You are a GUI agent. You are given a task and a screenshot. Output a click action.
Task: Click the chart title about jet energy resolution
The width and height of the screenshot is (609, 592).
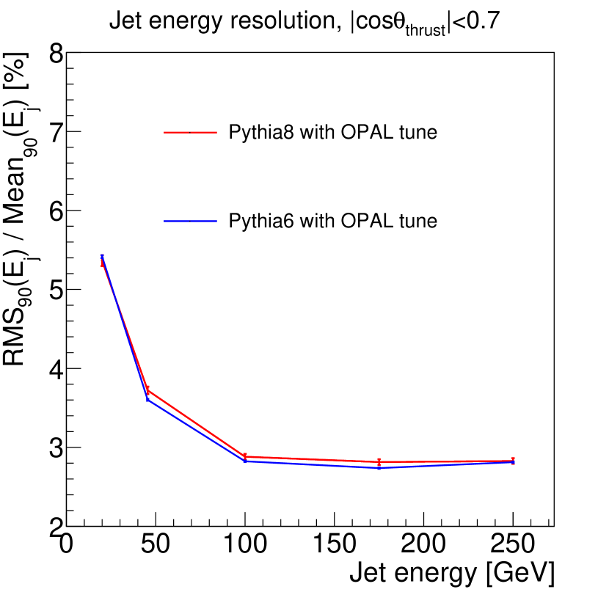pos(304,23)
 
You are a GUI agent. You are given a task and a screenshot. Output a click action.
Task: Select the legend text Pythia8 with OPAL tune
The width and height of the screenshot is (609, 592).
pos(333,133)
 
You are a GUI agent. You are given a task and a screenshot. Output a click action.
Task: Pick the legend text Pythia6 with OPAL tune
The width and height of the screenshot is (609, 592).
pos(333,220)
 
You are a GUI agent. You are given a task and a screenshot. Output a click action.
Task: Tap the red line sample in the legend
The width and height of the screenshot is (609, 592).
pos(191,133)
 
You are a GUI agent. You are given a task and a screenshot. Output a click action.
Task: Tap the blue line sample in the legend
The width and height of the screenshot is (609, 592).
pos(191,220)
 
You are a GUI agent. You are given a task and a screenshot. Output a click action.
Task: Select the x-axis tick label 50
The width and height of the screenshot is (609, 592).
pos(155,544)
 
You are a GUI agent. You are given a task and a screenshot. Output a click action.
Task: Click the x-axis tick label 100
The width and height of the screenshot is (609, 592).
pos(244,544)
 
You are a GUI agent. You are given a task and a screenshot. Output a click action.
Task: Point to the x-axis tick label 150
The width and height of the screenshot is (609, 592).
pos(335,544)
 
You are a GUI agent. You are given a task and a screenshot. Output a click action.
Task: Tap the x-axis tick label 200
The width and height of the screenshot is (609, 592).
pos(424,544)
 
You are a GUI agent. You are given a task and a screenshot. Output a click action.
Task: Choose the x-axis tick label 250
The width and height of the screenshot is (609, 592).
pos(514,544)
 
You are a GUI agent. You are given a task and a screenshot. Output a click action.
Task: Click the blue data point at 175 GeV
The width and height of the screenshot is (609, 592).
pos(379,468)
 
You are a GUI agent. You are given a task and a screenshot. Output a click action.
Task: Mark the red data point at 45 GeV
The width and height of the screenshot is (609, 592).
pos(147,390)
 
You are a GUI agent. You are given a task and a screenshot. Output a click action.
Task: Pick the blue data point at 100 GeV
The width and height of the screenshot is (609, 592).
pos(244,461)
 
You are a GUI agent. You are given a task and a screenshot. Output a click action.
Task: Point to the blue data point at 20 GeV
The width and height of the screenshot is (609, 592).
pos(102,257)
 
